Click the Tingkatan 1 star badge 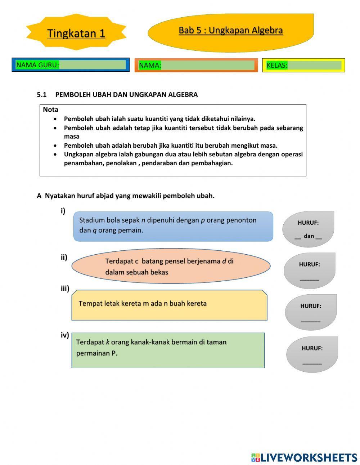pyautogui.click(x=76, y=33)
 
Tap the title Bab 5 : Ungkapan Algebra pyautogui.click(x=230, y=30)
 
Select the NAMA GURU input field pyautogui.click(x=92, y=65)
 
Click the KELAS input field pyautogui.click(x=314, y=65)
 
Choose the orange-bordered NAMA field pyautogui.click(x=208, y=65)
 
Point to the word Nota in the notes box pyautogui.click(x=50, y=109)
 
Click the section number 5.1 pyautogui.click(x=42, y=95)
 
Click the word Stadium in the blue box pyautogui.click(x=92, y=220)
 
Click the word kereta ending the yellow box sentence pyautogui.click(x=196, y=303)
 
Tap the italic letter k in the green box pyautogui.click(x=107, y=342)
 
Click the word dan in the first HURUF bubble pyautogui.click(x=309, y=236)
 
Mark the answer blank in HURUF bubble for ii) pyautogui.click(x=309, y=279)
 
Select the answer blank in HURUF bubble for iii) pyautogui.click(x=311, y=321)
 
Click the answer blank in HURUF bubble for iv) pyautogui.click(x=312, y=363)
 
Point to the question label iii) pyautogui.click(x=65, y=288)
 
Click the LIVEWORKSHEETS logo pyautogui.click(x=304, y=457)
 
